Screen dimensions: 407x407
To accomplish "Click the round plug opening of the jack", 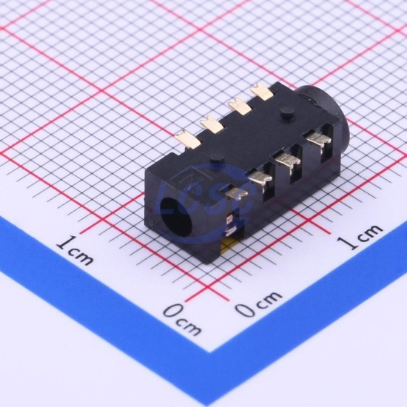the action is pos(177,217).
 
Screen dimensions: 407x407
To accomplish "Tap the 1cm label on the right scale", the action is pos(360,237).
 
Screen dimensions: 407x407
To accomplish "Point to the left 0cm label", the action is pos(183,320).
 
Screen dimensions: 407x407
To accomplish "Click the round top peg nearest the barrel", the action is pos(287,113).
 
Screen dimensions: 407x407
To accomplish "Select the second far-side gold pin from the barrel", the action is pos(239,106).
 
